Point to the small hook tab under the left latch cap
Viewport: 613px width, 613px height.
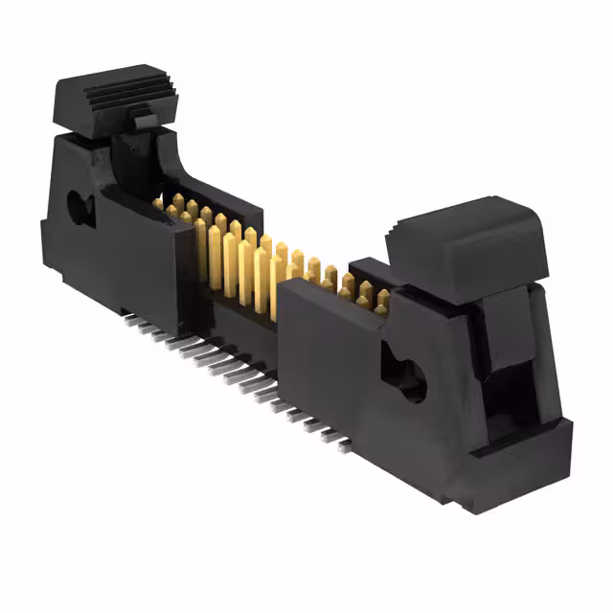coord(141,122)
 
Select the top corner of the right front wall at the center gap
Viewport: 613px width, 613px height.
coord(278,287)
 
